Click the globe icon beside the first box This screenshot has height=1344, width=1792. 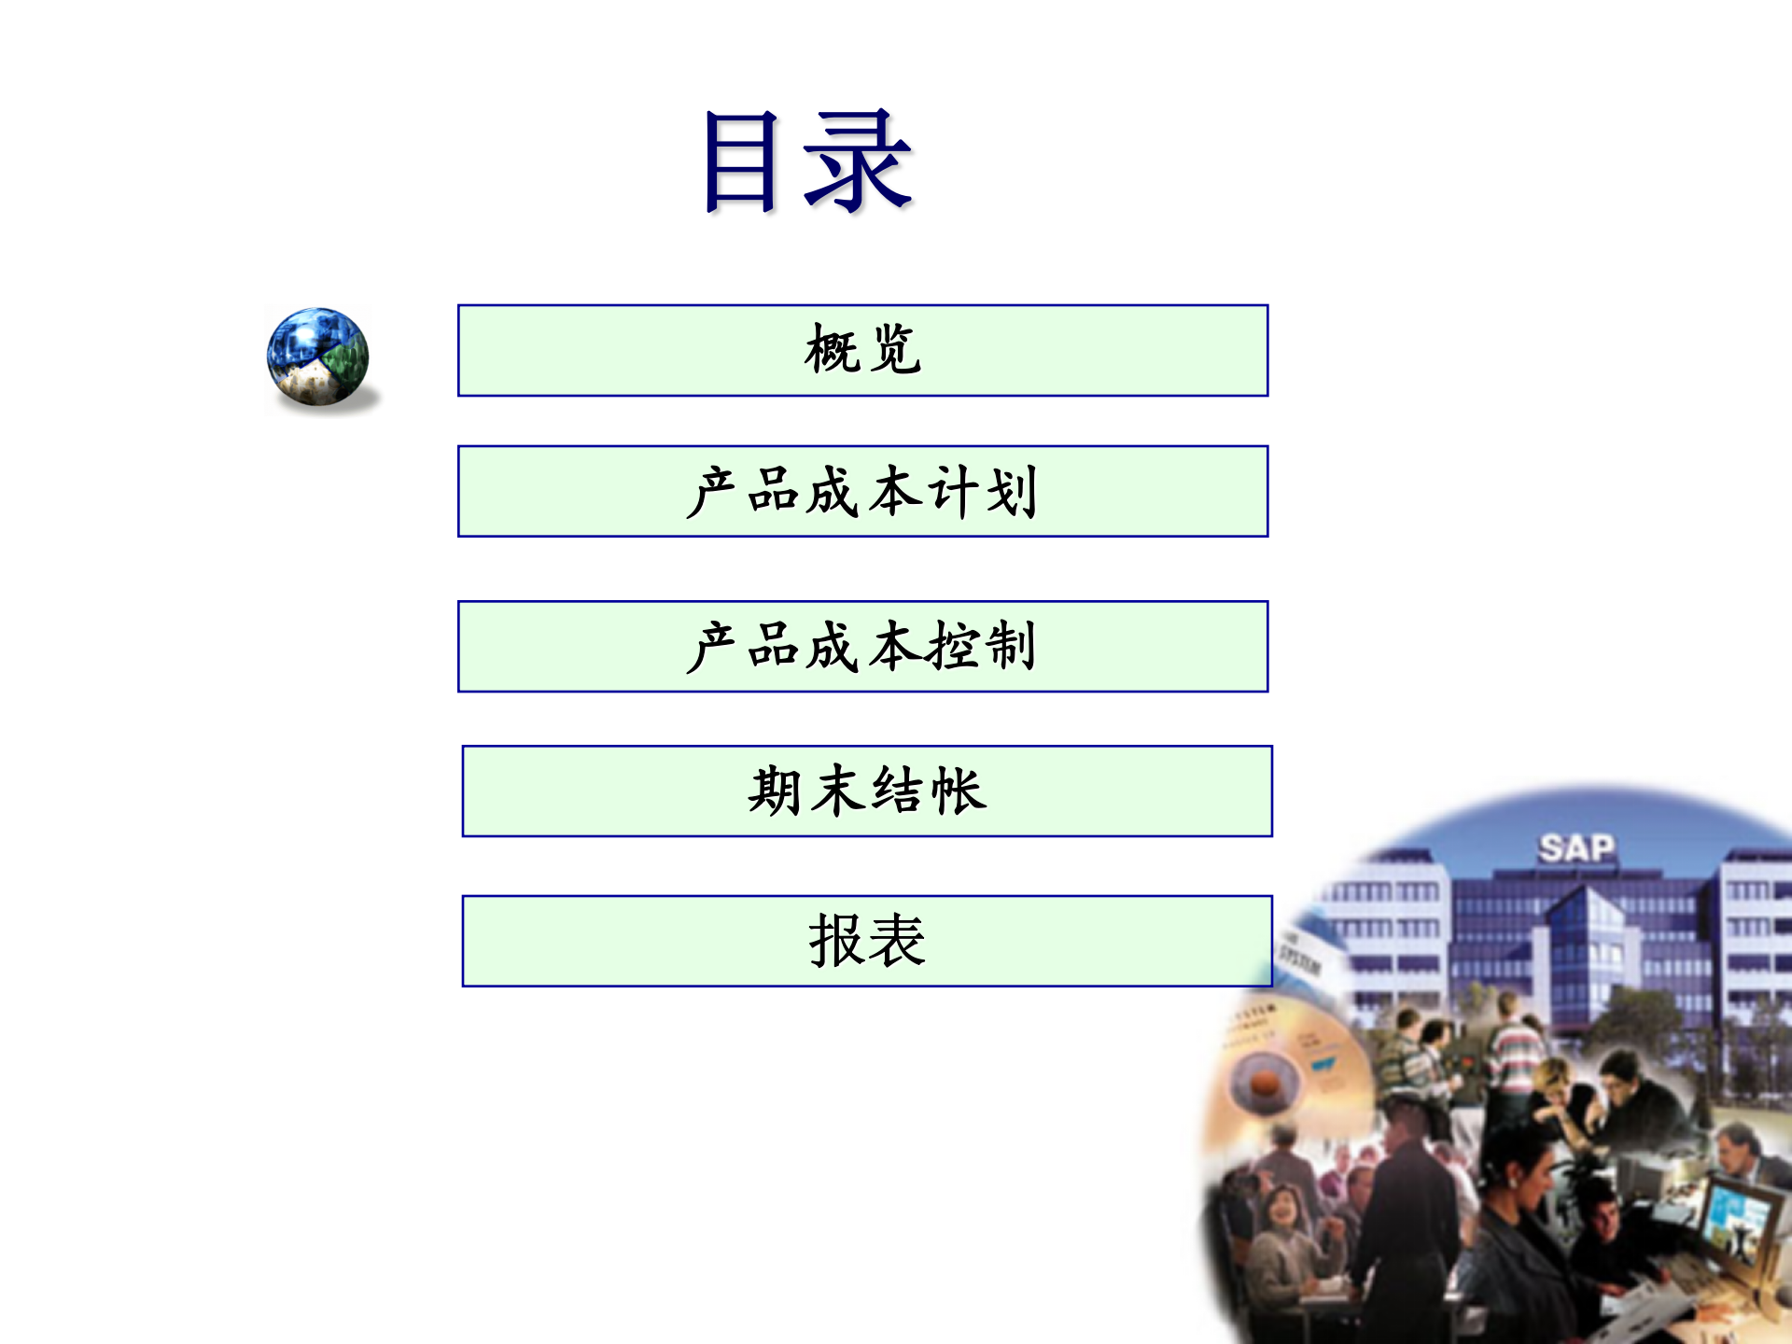tap(318, 357)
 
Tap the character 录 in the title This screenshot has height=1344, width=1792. tap(857, 160)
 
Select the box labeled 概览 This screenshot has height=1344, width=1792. tap(862, 351)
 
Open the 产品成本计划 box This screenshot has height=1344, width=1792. tap(862, 492)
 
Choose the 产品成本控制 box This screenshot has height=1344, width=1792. tap(862, 647)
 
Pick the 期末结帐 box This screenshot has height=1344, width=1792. tap(867, 791)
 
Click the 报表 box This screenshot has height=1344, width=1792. tap(867, 941)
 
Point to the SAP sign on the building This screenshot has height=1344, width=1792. tap(1576, 848)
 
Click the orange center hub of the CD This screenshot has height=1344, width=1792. tap(1266, 1083)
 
